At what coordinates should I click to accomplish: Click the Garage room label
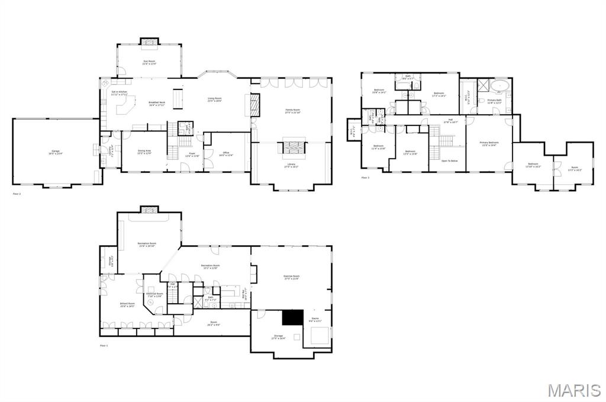pos(57,153)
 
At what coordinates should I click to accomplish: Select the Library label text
pos(292,166)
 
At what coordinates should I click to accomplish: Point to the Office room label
pos(226,155)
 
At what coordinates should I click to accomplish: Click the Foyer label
pos(192,155)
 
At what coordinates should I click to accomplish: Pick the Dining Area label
pos(144,152)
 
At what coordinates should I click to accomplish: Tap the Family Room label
pos(292,111)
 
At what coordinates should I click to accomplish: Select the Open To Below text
pos(450,161)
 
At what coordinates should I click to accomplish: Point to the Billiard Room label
pos(128,305)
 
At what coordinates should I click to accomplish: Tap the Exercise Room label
pos(292,277)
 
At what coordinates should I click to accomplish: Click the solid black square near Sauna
pos(292,317)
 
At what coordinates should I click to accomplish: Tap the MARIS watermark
pos(574,390)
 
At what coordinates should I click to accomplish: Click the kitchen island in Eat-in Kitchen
pos(124,107)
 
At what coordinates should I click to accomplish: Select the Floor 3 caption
pos(365,178)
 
